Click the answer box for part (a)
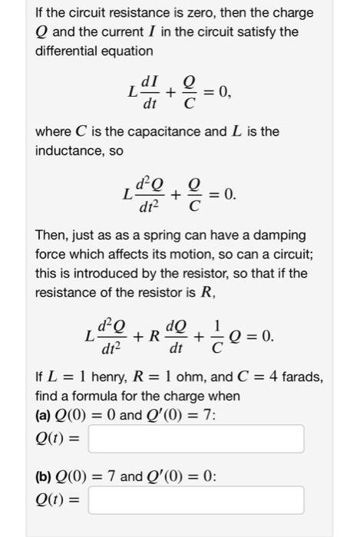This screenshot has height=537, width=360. tap(197, 439)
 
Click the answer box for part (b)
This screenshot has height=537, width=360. tap(197, 499)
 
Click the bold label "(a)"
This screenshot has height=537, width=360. tap(45, 415)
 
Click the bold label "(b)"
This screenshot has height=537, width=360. tap(45, 476)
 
